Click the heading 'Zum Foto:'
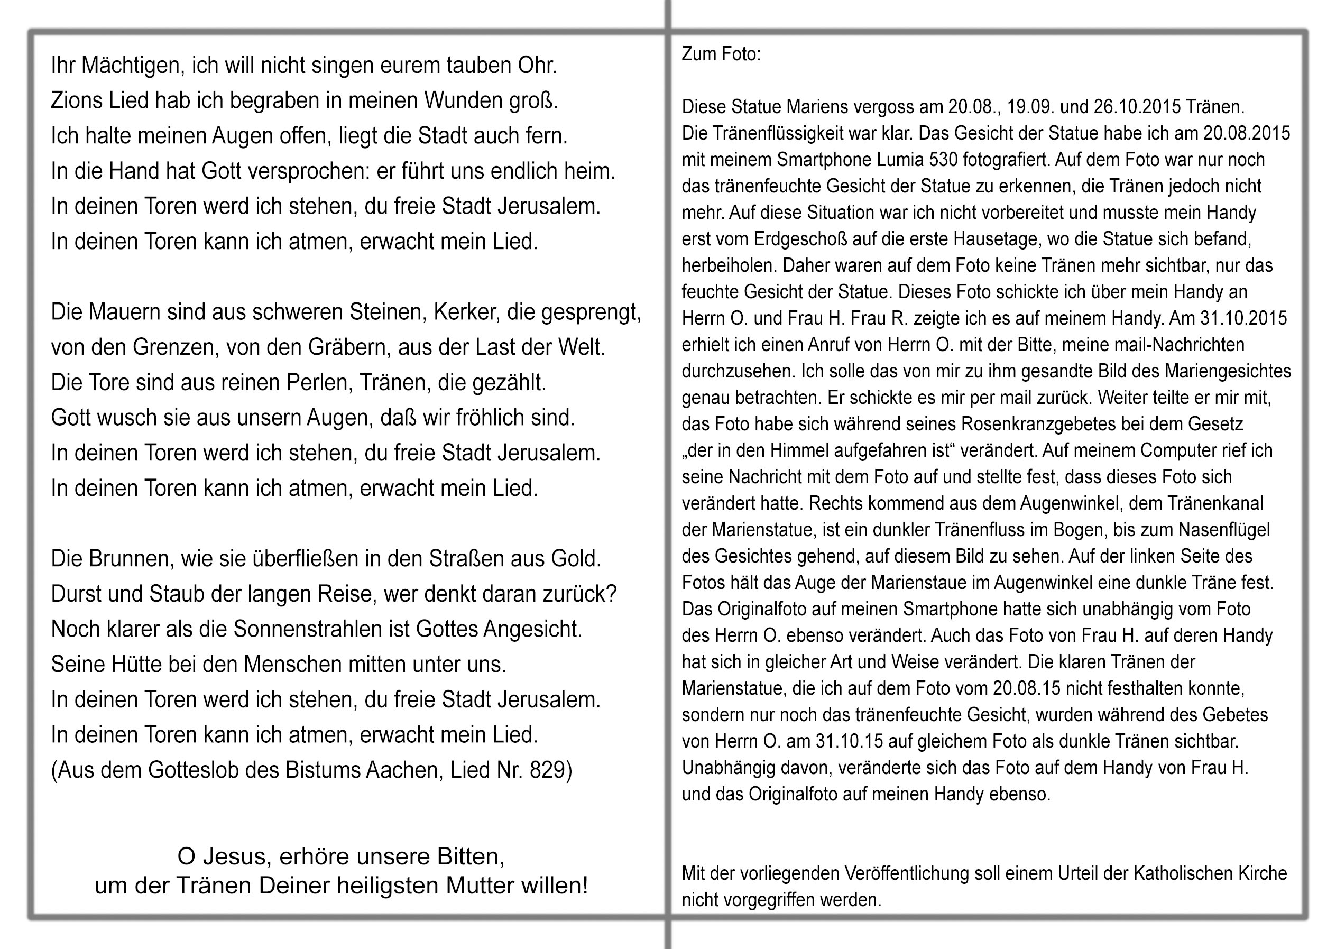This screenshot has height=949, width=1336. click(721, 54)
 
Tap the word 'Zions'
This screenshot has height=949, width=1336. click(77, 100)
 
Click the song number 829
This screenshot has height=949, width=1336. click(548, 770)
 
